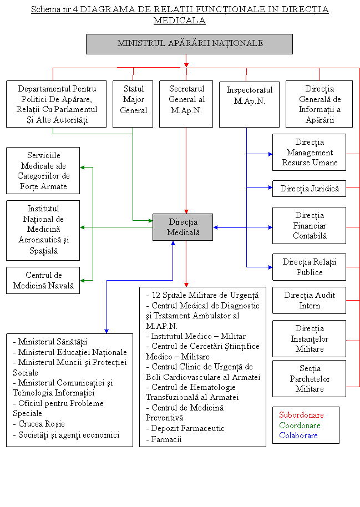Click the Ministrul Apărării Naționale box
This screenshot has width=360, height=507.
pyautogui.click(x=189, y=44)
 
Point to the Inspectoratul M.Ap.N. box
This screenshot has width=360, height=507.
pyautogui.click(x=249, y=104)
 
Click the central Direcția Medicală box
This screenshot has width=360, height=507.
pyautogui.click(x=182, y=227)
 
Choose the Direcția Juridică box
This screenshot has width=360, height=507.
pyautogui.click(x=309, y=189)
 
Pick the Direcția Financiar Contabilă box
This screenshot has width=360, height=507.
pyautogui.click(x=309, y=225)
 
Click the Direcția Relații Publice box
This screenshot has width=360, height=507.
pyautogui.click(x=309, y=267)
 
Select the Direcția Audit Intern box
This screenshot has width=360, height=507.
pyautogui.click(x=309, y=300)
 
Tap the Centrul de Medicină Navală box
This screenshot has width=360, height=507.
pyautogui.click(x=43, y=281)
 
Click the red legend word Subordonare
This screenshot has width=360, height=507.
pyautogui.click(x=301, y=415)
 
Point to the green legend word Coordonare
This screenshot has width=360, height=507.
pyautogui.click(x=300, y=425)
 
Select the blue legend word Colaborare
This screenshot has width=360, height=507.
pyautogui.click(x=298, y=435)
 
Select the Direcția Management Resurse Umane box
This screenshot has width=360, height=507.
pyautogui.click(x=309, y=153)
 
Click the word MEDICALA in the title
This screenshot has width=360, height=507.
pyautogui.click(x=180, y=21)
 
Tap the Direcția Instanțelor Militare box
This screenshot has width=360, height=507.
pyautogui.click(x=309, y=339)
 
